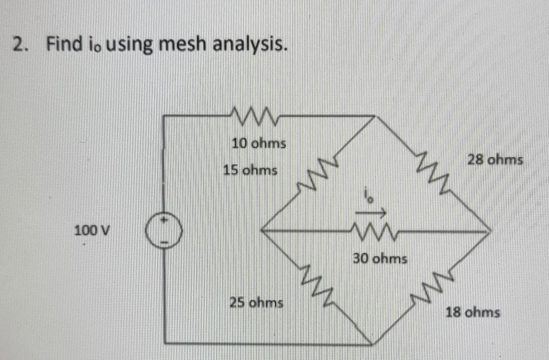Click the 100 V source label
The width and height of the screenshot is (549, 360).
point(92,231)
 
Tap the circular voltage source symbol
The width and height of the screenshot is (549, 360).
point(164,232)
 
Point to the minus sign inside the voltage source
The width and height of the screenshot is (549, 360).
point(164,242)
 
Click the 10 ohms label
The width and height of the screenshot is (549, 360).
point(259,143)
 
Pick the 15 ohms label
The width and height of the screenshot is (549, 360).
point(250,169)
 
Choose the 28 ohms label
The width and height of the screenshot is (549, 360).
point(495,159)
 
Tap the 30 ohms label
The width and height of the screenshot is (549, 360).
point(380,259)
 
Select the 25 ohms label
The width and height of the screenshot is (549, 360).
point(256,303)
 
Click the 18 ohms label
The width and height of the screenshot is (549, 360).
point(472,312)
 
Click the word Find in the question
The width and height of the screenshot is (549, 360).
point(65,44)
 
